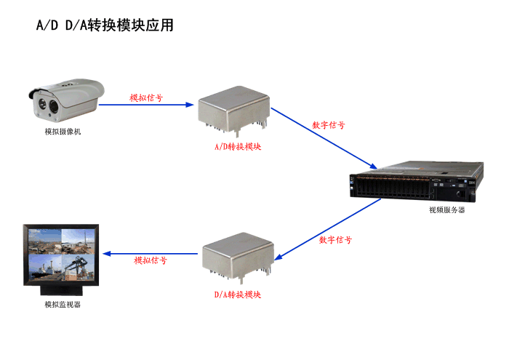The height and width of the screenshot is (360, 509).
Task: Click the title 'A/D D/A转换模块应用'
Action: (x=105, y=25)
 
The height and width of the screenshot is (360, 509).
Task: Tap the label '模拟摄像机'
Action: (x=63, y=132)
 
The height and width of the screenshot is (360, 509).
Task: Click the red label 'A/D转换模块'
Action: (x=237, y=146)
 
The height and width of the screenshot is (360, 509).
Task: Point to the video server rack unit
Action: (x=416, y=185)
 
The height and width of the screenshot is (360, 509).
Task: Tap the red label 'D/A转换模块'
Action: (x=237, y=295)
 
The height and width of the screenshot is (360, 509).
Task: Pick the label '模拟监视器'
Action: (x=63, y=304)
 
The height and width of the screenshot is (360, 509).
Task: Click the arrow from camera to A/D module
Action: (x=148, y=104)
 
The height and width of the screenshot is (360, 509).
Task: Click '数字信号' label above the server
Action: (x=328, y=125)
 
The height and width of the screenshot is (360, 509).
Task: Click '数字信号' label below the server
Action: (x=336, y=240)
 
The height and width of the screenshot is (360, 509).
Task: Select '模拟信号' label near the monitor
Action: (x=151, y=260)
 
